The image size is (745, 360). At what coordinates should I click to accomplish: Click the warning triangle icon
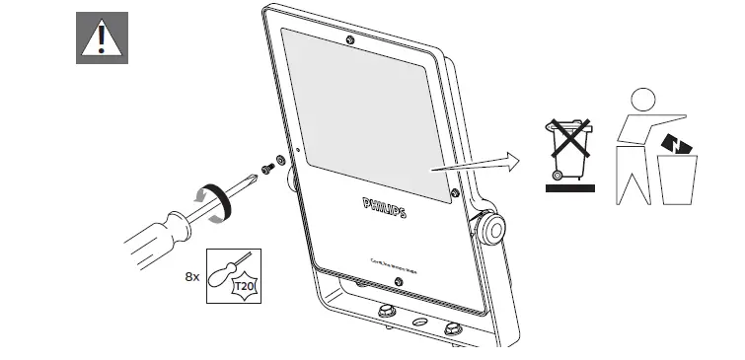(x=102, y=38)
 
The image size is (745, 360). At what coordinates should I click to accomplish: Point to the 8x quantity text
(x=192, y=278)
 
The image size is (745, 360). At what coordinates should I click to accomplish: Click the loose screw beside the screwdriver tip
(x=265, y=167)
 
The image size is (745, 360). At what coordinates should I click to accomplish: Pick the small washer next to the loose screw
(x=279, y=159)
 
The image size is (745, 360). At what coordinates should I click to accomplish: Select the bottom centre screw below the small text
(x=397, y=282)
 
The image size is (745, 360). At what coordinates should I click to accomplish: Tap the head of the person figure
(x=642, y=100)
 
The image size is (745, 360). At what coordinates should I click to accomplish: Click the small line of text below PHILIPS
(x=383, y=262)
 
